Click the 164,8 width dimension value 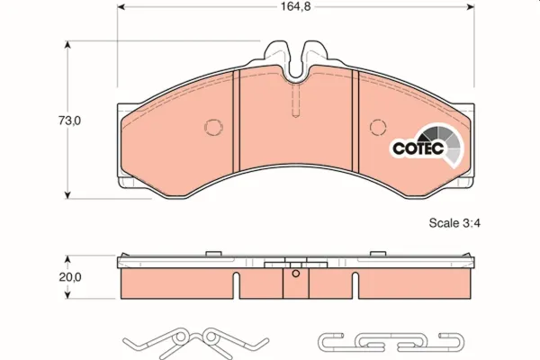[x=296, y=6]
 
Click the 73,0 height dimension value [x=69, y=121]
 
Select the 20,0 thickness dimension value [x=70, y=277]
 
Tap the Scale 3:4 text [x=454, y=223]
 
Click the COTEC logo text [x=418, y=148]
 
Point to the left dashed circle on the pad [x=213, y=127]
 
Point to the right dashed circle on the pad [x=378, y=127]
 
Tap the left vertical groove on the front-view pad [x=236, y=121]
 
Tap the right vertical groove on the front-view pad [x=355, y=121]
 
